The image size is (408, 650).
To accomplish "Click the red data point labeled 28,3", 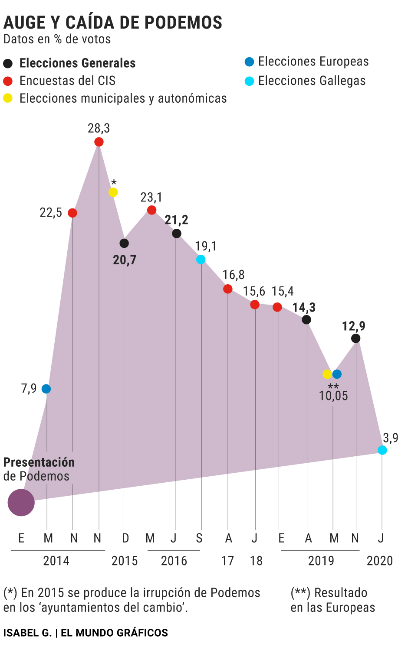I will pyautogui.click(x=99, y=142).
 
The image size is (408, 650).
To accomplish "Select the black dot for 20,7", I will pyautogui.click(x=124, y=243).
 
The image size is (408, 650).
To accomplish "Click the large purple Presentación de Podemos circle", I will pyautogui.click(x=21, y=503).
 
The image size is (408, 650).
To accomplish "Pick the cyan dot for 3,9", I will pyautogui.click(x=382, y=450).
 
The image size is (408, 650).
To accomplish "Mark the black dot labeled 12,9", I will pyautogui.click(x=356, y=338).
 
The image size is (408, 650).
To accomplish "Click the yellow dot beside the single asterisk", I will pyautogui.click(x=113, y=192).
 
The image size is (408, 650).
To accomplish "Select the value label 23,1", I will pyautogui.click(x=151, y=198).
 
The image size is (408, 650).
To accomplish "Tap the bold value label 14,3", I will pyautogui.click(x=304, y=308).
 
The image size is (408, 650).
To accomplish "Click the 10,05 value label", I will pyautogui.click(x=333, y=396).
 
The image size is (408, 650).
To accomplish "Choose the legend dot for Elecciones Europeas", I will pyautogui.click(x=249, y=62).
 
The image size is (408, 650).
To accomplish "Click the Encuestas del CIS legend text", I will pyautogui.click(x=68, y=81).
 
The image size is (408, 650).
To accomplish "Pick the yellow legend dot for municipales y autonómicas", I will pyautogui.click(x=8, y=98).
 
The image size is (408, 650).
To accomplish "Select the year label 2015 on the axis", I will pyautogui.click(x=125, y=561).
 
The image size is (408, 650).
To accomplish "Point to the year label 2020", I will pyautogui.click(x=379, y=561).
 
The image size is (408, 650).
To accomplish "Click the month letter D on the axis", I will pyautogui.click(x=125, y=538).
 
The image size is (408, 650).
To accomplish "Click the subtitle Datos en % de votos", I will pyautogui.click(x=57, y=39).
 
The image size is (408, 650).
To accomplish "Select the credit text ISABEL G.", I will pyautogui.click(x=27, y=633).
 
